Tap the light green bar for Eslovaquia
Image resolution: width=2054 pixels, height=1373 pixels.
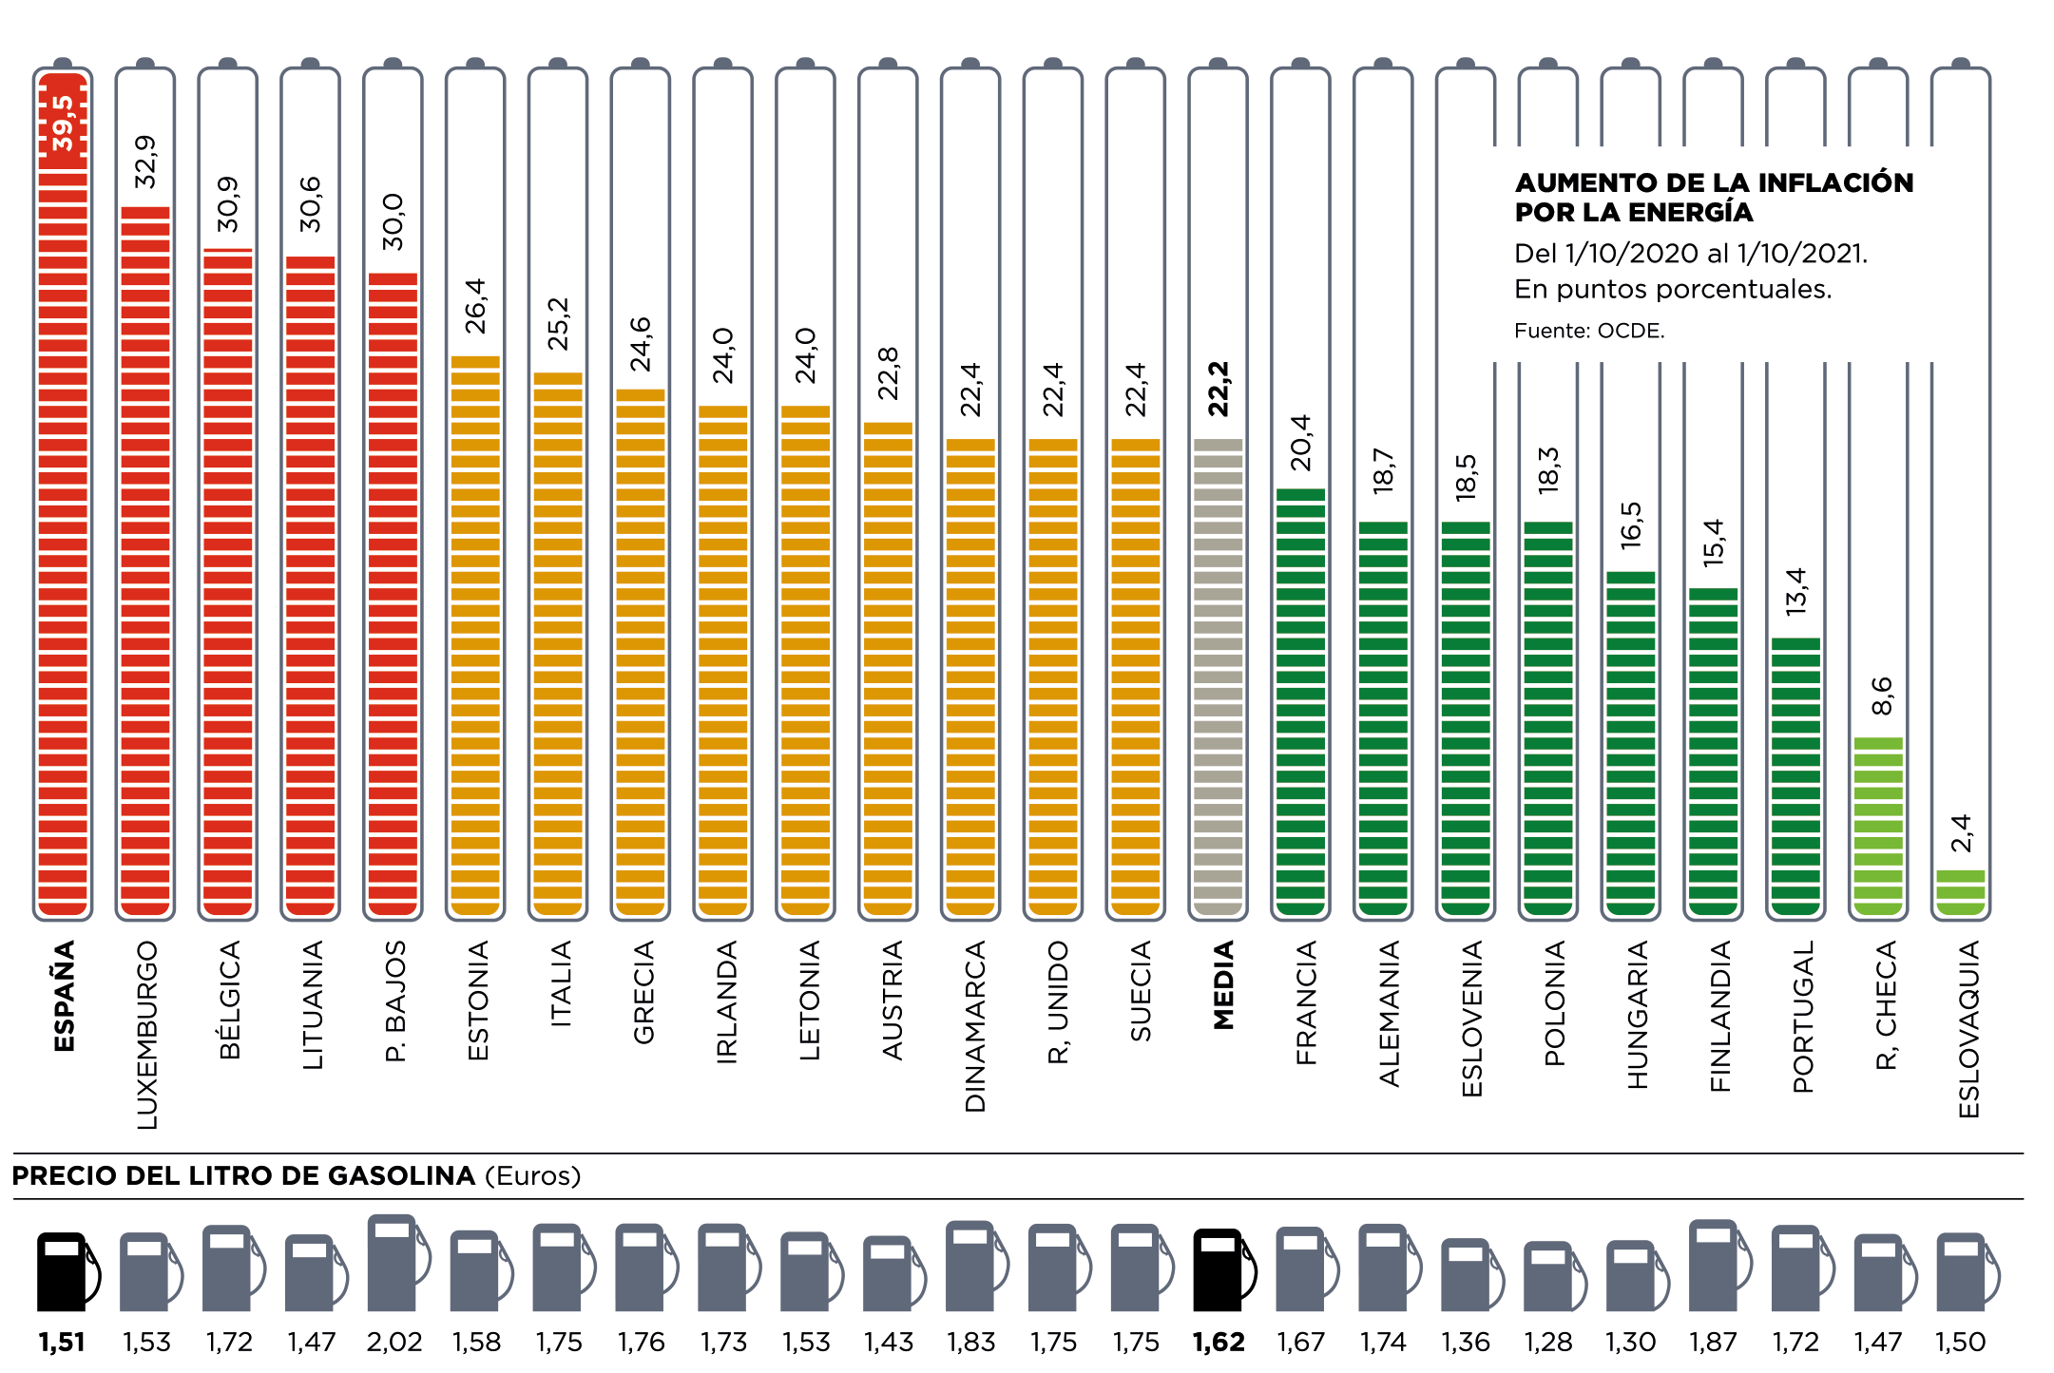coord(1960,892)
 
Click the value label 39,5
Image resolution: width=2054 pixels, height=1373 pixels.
coord(63,123)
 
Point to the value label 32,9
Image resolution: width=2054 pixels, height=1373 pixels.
coord(145,162)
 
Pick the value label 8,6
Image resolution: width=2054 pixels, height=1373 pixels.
coord(1881,696)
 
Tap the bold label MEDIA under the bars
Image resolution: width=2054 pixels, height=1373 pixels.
coord(1223,985)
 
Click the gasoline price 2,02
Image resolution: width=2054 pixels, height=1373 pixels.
coord(394,1342)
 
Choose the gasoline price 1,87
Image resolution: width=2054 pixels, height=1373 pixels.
coord(1713,1342)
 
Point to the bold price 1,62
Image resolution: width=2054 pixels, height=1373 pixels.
coord(1219,1342)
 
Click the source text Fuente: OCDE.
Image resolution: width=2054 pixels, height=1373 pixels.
coord(1589,331)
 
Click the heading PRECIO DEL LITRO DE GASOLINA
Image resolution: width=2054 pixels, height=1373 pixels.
coord(243,1176)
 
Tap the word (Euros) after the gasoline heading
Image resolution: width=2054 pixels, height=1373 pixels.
coord(532,1176)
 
